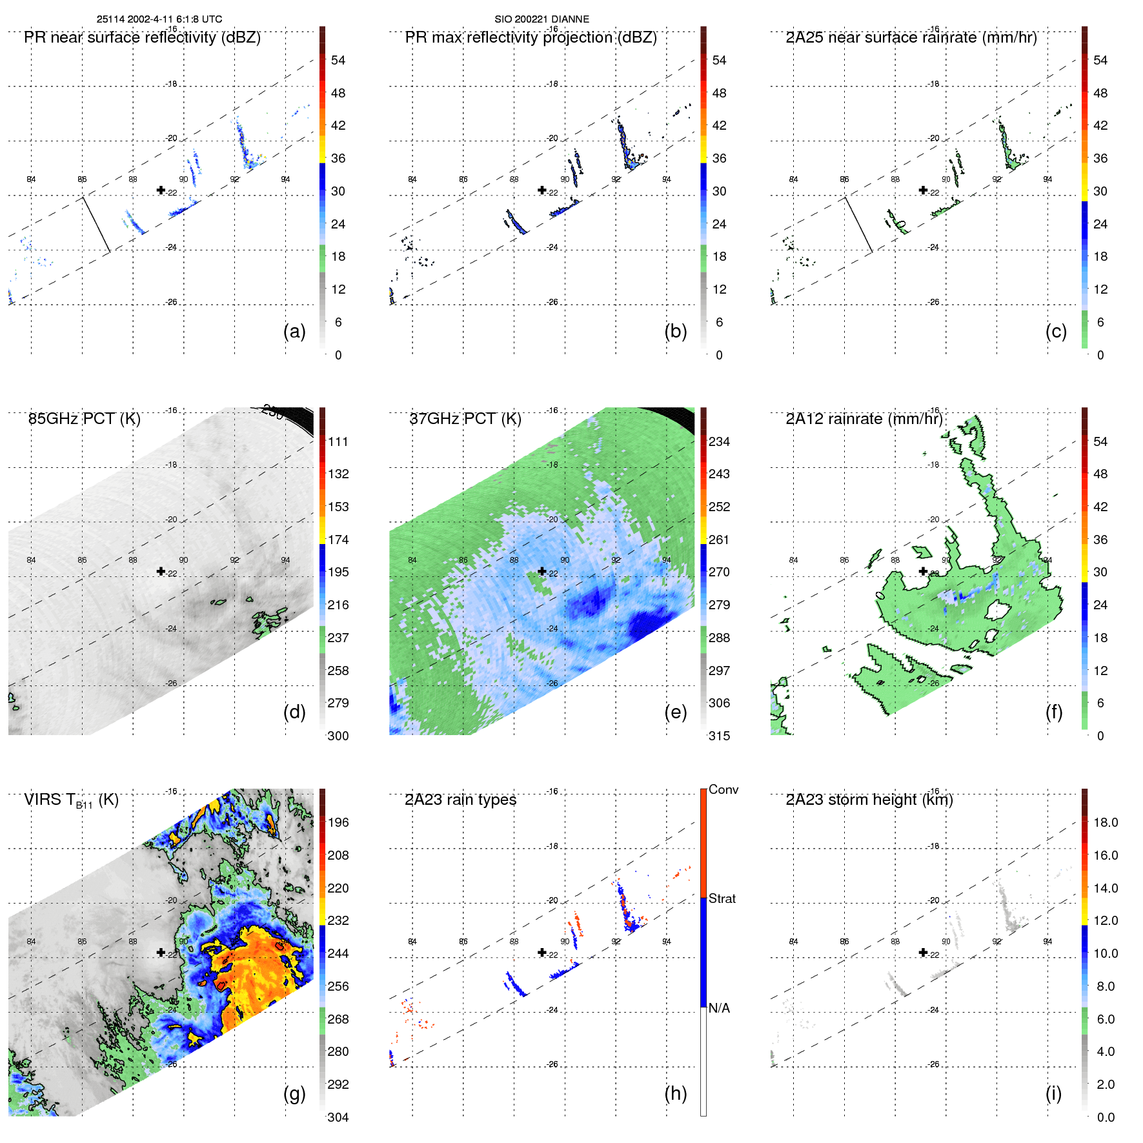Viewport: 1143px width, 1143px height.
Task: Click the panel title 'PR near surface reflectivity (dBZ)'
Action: pos(142,37)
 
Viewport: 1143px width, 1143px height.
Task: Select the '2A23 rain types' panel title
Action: pos(460,800)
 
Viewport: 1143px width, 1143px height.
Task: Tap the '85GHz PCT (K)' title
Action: pos(84,419)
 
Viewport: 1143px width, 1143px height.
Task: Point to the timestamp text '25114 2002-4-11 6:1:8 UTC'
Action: pos(159,19)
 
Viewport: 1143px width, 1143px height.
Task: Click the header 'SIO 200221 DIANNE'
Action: pos(541,19)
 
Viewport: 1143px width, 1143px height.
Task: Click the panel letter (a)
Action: pos(294,331)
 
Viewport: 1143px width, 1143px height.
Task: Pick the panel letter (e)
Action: pos(675,712)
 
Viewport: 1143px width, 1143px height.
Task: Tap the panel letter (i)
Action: pos(1053,1093)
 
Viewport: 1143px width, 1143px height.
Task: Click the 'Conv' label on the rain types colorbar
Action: pos(723,789)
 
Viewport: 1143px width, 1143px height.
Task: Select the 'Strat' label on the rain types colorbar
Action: pos(722,898)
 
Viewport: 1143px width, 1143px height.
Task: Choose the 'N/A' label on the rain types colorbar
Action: pos(719,1008)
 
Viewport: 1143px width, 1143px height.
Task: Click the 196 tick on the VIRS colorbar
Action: pos(338,822)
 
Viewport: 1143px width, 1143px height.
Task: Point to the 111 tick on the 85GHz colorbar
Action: pos(338,441)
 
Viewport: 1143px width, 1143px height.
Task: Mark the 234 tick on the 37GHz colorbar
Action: pos(719,441)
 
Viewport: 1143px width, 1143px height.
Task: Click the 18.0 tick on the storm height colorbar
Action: pos(1106,822)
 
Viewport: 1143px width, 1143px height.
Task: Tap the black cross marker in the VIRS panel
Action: pos(161,953)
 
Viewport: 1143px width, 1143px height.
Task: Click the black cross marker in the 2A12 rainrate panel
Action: pos(923,571)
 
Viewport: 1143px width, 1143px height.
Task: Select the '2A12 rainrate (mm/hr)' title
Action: pos(864,419)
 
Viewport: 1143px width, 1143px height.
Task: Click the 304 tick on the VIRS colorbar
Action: pos(338,1117)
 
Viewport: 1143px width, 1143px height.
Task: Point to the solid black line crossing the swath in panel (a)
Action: pos(96,224)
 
